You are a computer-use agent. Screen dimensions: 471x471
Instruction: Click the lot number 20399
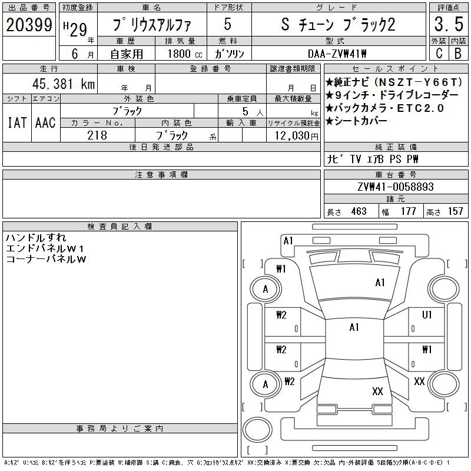29,25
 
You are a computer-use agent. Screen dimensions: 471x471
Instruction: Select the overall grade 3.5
449,24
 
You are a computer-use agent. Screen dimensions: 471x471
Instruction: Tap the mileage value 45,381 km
64,84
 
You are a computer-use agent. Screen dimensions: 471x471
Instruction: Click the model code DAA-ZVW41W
337,54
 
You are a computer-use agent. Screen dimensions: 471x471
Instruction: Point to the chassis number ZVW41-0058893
396,187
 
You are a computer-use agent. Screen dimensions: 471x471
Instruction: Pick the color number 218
97,135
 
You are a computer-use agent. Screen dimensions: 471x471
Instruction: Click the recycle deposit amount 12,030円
296,136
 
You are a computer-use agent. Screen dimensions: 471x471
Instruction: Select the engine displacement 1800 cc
185,54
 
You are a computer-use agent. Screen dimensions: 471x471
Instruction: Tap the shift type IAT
17,122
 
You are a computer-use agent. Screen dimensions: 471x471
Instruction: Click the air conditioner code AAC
45,122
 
